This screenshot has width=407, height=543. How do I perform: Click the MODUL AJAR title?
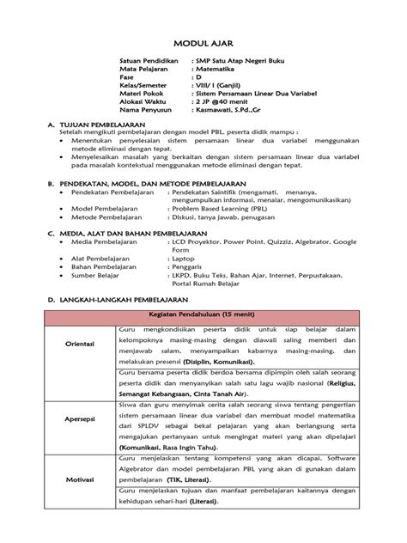pos(203,41)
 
